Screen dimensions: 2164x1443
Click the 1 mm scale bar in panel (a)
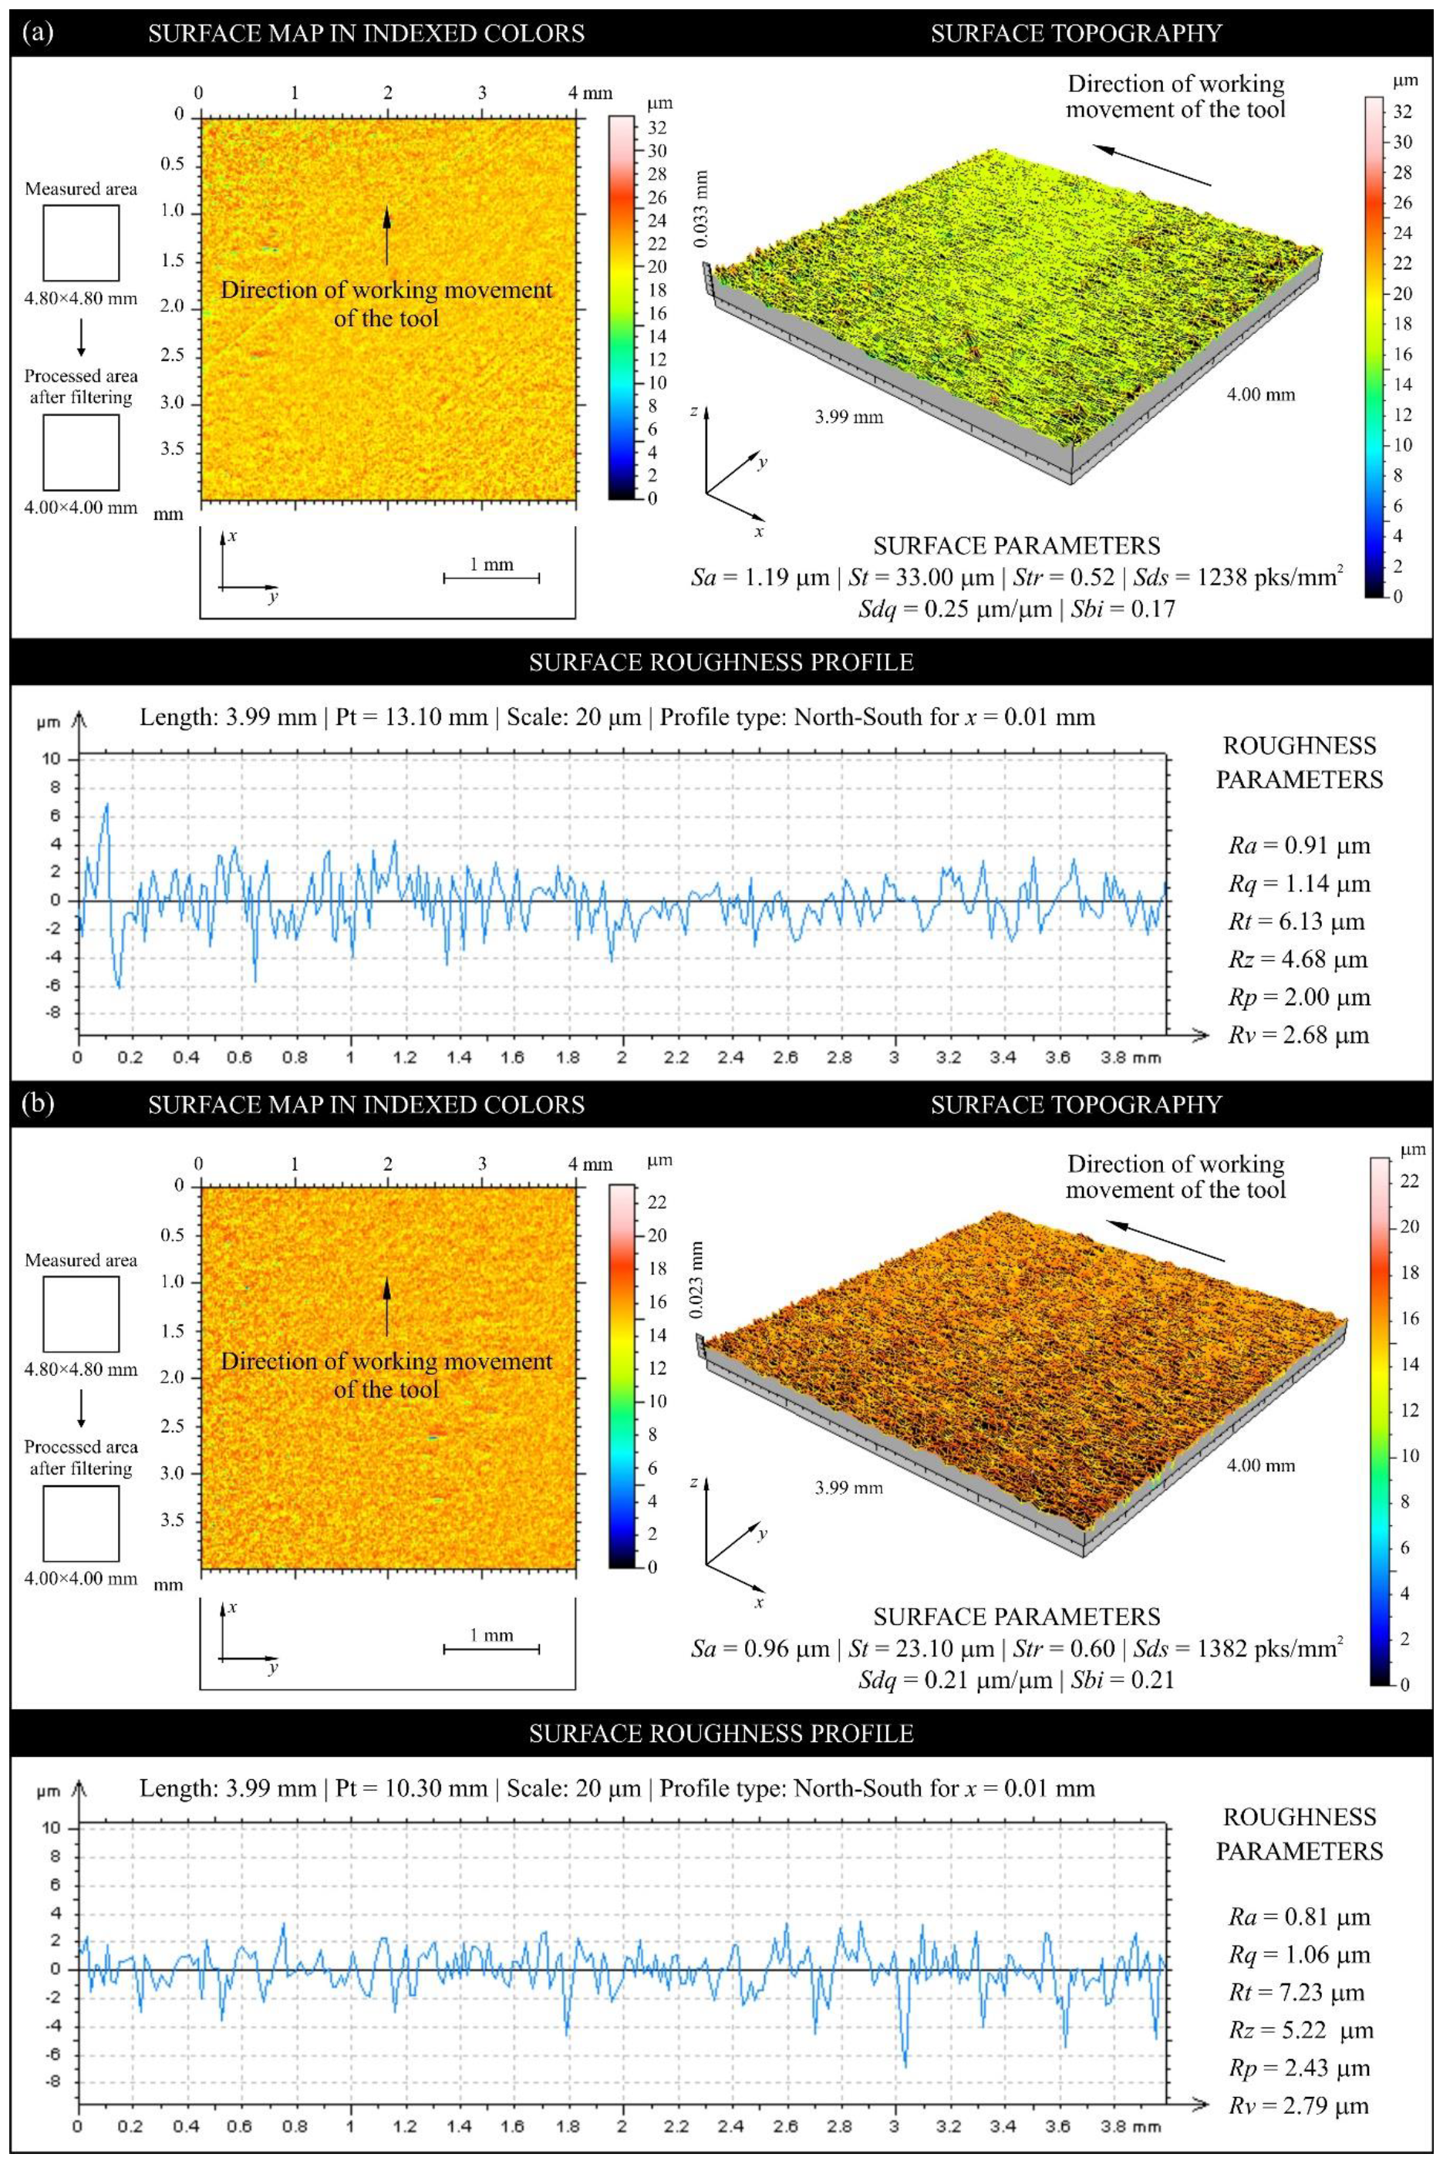click(491, 578)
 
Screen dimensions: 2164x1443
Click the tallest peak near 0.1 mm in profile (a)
click(106, 805)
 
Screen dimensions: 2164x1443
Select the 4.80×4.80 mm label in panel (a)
click(81, 298)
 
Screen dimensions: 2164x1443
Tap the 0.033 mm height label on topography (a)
click(701, 209)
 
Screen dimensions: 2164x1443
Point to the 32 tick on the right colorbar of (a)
click(1401, 111)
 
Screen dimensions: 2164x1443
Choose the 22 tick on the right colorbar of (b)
click(1409, 1181)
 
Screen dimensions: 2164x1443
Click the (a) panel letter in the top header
click(37, 33)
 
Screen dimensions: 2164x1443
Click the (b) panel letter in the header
click(37, 1103)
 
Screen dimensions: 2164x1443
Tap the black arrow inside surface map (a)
click(386, 235)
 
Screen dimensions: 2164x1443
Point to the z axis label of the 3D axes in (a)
click(694, 411)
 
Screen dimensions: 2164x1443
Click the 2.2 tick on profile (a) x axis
click(676, 1057)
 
